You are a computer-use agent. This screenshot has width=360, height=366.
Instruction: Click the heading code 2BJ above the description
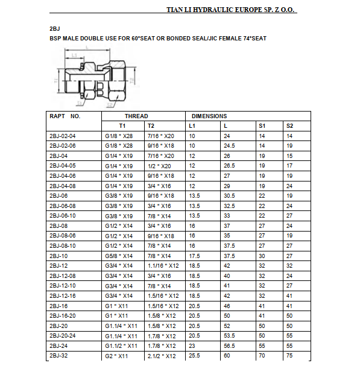[54, 28]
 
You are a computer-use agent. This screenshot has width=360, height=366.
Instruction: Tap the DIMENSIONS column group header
[209, 116]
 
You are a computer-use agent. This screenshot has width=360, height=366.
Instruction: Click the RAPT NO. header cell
[65, 116]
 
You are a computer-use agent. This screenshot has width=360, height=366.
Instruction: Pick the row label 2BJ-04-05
[62, 165]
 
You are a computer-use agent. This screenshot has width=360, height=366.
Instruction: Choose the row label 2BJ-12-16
[62, 295]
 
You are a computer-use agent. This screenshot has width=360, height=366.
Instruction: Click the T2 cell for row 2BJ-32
[161, 356]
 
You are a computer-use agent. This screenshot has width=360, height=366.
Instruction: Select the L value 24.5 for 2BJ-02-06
[229, 145]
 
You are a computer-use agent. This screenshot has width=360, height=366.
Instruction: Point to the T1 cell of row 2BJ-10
[119, 256]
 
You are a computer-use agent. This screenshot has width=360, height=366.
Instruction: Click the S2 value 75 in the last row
[289, 356]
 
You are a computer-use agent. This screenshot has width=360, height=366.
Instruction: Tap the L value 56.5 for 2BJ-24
[229, 345]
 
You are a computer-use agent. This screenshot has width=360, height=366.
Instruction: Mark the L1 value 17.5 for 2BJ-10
[194, 256]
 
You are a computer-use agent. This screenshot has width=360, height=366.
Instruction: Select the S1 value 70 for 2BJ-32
[262, 356]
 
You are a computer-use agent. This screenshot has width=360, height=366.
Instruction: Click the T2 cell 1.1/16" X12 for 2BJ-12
[163, 265]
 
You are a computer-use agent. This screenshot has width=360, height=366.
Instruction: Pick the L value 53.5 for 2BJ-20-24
[229, 336]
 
